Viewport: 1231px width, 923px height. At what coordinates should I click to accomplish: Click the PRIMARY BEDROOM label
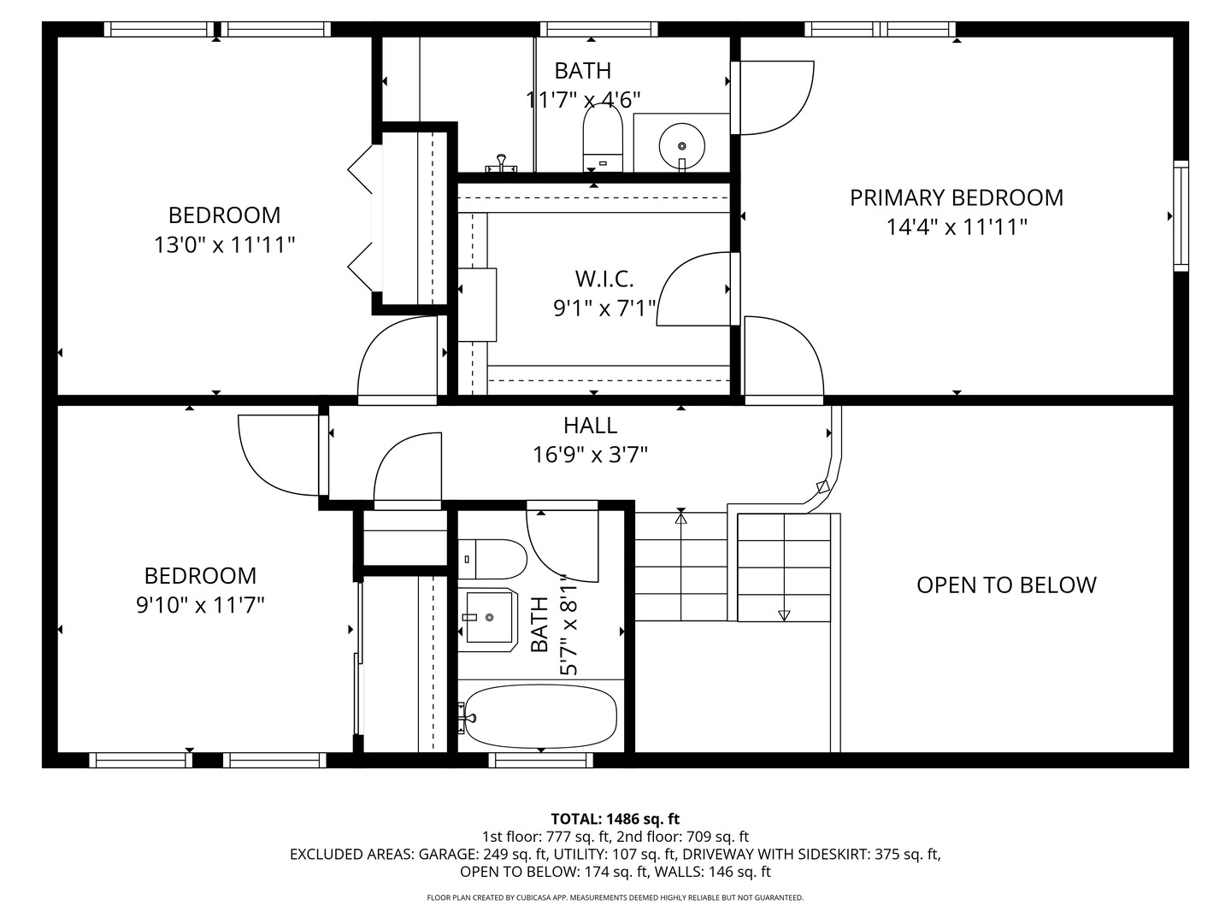pyautogui.click(x=956, y=197)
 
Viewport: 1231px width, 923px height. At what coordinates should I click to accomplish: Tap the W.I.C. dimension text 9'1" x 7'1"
pyautogui.click(x=605, y=308)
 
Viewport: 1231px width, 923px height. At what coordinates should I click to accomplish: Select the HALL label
pyautogui.click(x=590, y=425)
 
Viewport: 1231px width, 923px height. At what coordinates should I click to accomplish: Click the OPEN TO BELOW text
pyautogui.click(x=1006, y=585)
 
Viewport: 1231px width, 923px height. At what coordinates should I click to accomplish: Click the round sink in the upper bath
pyautogui.click(x=681, y=142)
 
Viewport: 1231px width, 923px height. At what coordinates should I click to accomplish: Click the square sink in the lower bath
pyautogui.click(x=489, y=616)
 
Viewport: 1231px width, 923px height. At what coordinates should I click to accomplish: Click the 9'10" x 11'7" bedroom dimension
pyautogui.click(x=200, y=606)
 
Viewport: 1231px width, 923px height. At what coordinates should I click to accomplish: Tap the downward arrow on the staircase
pyautogui.click(x=784, y=614)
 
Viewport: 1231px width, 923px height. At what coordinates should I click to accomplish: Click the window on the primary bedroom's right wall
pyautogui.click(x=1181, y=215)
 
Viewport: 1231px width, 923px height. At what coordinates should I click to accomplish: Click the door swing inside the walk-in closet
pyautogui.click(x=694, y=291)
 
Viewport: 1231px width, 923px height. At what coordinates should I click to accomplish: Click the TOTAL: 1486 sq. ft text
pyautogui.click(x=615, y=819)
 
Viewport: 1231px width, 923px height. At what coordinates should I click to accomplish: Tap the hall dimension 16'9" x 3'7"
pyautogui.click(x=590, y=455)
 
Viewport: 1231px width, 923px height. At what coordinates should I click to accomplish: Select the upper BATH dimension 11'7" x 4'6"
pyautogui.click(x=583, y=100)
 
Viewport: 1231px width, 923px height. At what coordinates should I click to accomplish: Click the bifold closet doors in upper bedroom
pyautogui.click(x=363, y=215)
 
